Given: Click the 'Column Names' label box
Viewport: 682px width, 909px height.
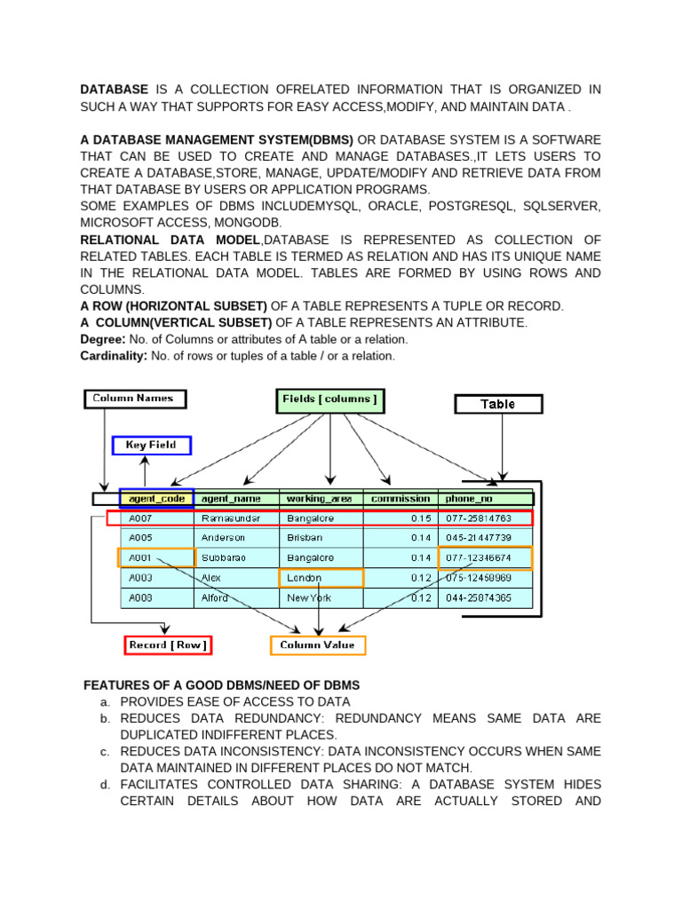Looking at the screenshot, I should pyautogui.click(x=134, y=399).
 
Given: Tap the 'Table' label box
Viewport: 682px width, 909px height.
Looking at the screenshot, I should pyautogui.click(x=497, y=404).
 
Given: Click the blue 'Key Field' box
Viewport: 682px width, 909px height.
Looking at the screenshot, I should pyautogui.click(x=151, y=445).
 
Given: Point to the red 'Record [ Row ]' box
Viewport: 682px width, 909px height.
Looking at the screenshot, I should pyautogui.click(x=169, y=645).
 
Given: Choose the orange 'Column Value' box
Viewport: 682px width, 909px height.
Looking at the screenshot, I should pyautogui.click(x=318, y=645).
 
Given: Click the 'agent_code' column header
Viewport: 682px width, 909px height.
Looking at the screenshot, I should pyautogui.click(x=156, y=499).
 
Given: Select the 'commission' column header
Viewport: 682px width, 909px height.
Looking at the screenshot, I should pyautogui.click(x=400, y=499).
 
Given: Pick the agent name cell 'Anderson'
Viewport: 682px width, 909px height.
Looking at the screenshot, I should pyautogui.click(x=224, y=538).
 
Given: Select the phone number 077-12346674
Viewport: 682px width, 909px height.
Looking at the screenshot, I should pyautogui.click(x=479, y=557).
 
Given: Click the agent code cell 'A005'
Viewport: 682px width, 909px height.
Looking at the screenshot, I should pyautogui.click(x=141, y=538).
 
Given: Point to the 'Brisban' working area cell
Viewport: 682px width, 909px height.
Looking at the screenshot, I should pyautogui.click(x=305, y=538).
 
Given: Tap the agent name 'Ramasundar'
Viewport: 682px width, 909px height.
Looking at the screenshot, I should pyautogui.click(x=230, y=518).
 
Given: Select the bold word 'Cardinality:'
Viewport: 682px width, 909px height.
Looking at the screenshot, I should pyautogui.click(x=114, y=356).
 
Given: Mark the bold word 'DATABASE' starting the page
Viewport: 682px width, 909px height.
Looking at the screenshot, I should pyautogui.click(x=115, y=90).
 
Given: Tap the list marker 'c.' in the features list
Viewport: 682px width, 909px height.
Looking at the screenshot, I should pyautogui.click(x=106, y=752).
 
